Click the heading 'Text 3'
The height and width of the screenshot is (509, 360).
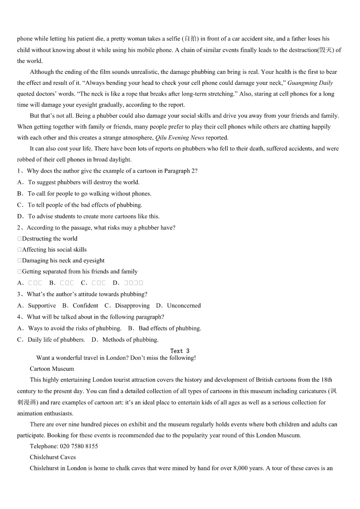click(180, 351)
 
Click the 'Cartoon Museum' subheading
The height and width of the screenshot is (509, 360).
click(52, 369)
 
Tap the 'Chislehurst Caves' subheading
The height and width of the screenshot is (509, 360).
click(53, 457)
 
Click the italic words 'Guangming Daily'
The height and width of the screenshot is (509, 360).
click(310, 83)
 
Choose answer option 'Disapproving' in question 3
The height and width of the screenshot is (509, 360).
click(132, 305)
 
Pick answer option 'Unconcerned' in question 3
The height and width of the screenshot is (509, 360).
click(184, 305)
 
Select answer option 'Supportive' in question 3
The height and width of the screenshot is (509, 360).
click(42, 305)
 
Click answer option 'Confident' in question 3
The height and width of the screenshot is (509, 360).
click(85, 305)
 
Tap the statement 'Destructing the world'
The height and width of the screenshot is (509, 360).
click(49, 238)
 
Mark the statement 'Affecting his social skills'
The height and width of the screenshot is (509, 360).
click(54, 249)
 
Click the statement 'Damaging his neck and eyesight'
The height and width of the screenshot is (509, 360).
click(63, 261)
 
